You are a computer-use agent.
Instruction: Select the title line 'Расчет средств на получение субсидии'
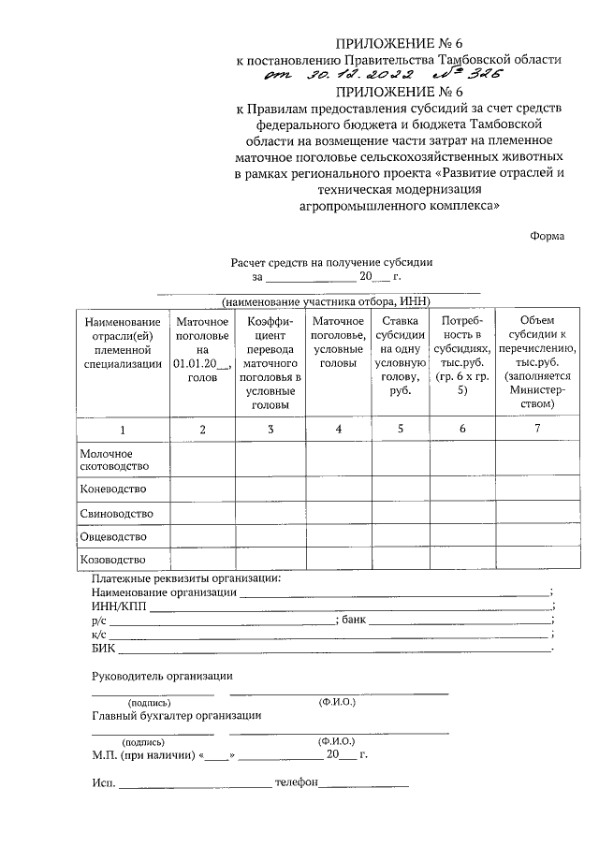(x=331, y=263)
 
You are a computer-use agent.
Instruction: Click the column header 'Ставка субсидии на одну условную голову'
(x=400, y=356)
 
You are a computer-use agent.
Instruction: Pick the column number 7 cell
(x=535, y=429)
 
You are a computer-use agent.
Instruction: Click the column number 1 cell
(x=122, y=429)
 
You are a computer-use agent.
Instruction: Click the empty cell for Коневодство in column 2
(x=202, y=489)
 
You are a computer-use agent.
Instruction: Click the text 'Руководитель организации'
(x=162, y=676)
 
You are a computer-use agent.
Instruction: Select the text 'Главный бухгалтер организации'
(x=176, y=716)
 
